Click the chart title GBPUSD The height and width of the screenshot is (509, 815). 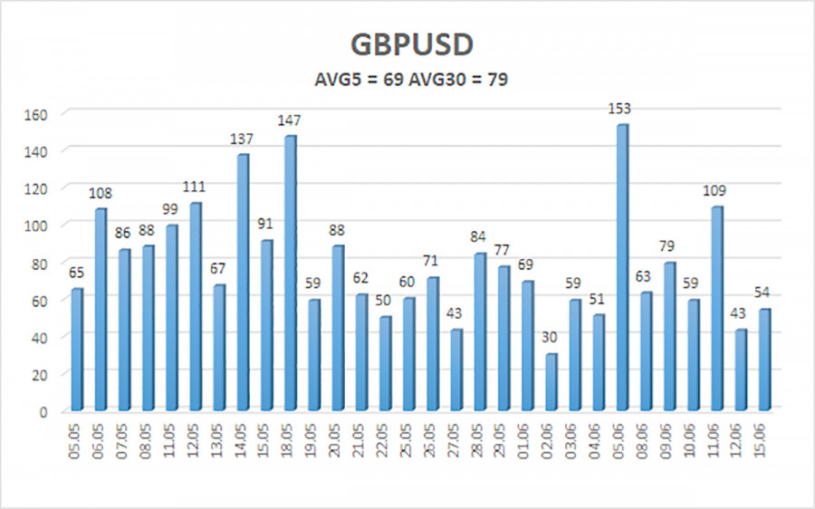pos(412,44)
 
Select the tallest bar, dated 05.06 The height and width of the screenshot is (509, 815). pos(622,267)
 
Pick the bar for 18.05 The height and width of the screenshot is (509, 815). pos(291,273)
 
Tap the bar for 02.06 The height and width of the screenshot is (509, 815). pos(551,382)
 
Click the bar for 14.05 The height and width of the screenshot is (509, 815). pos(243,283)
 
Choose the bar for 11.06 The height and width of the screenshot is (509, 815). pos(717,308)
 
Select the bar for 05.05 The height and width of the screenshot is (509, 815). pos(77,350)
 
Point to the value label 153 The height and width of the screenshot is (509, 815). pos(619,108)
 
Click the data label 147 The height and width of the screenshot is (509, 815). pos(289,120)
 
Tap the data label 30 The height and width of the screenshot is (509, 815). pos(550,337)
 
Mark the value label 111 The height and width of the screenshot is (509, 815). pos(194,187)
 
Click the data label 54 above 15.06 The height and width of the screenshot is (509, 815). pos(762,293)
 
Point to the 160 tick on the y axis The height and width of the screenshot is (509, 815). pos(36,114)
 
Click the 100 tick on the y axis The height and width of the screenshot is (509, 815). pos(36,226)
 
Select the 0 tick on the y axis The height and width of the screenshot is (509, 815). pos(43,412)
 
